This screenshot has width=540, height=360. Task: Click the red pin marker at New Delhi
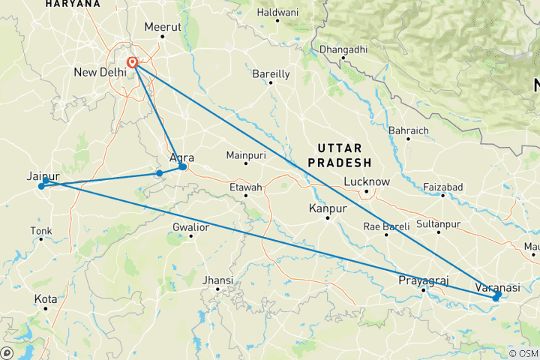[x=132, y=63]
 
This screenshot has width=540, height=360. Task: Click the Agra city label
[x=182, y=157]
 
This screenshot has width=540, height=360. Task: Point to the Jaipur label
[x=43, y=175]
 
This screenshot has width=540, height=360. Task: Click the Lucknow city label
[x=366, y=181]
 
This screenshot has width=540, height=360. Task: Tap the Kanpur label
[x=328, y=208]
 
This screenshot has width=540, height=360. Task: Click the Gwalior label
[x=190, y=226]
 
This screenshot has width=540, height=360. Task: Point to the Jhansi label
[x=219, y=280]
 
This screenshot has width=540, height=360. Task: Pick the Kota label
[x=46, y=299]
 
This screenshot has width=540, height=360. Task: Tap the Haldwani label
[x=277, y=13]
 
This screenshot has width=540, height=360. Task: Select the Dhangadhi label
[x=343, y=49]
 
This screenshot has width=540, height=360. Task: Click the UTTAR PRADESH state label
[x=344, y=154]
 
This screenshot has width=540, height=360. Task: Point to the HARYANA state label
[x=73, y=4]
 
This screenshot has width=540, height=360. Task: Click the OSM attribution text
[x=524, y=352]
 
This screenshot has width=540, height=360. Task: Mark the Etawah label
[x=247, y=186]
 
